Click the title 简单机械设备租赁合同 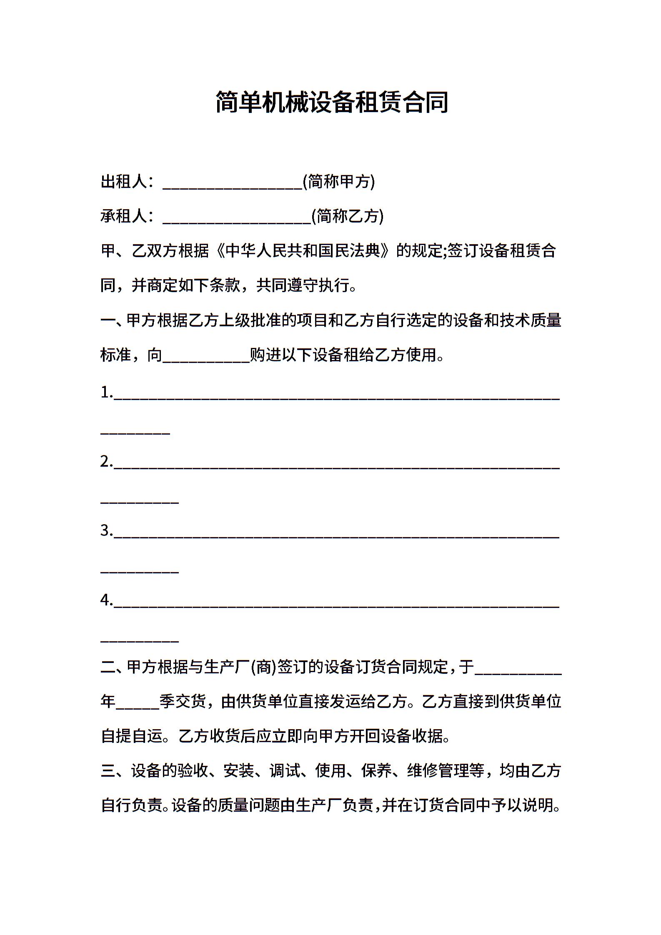[332, 102]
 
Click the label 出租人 [123, 182]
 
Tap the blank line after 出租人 [232, 185]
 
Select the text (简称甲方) [339, 182]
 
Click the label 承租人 [123, 216]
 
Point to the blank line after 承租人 [237, 220]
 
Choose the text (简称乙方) [348, 216]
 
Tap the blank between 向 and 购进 [206, 358]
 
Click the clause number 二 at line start [108, 667]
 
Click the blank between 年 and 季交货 [138, 705]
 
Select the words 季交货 [183, 702]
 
